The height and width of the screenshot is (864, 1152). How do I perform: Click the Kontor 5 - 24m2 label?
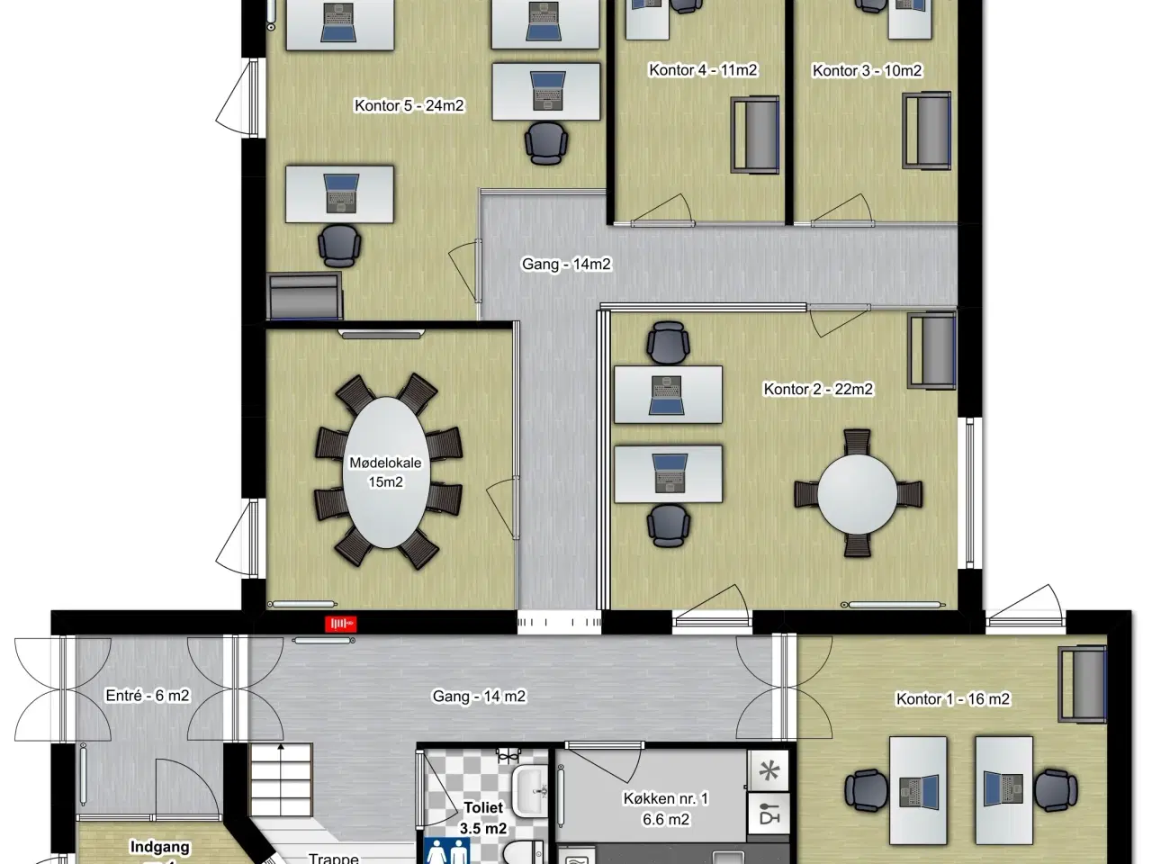pos(409,105)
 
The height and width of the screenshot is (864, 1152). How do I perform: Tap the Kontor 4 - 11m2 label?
pos(703,70)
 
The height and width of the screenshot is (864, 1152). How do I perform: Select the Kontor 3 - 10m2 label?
pos(867,70)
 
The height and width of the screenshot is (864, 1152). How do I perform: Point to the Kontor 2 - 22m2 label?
pos(818,389)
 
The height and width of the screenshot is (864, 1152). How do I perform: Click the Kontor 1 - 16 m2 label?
pos(952,698)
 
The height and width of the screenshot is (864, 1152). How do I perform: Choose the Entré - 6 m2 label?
pos(147,696)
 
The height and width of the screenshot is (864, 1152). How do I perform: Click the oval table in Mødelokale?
pos(386,472)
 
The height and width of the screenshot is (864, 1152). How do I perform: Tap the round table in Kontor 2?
pos(857,493)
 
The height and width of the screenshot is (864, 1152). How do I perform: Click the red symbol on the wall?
pos(340,623)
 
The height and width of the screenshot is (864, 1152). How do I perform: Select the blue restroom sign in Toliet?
pos(446,850)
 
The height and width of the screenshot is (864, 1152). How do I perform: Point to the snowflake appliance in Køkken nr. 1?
pos(769,770)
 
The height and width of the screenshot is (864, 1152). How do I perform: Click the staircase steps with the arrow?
pos(281,780)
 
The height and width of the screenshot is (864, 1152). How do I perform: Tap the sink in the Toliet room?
pos(531,792)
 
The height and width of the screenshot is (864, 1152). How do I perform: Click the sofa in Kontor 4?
pos(755,134)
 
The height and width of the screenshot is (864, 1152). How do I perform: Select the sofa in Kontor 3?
pos(927,130)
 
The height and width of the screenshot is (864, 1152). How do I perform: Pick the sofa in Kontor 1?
pos(1082,684)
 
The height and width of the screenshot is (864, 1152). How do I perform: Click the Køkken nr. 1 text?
pos(665,798)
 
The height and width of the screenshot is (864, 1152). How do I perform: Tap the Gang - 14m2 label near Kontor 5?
pos(566,264)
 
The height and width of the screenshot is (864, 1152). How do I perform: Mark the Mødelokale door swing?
pos(502,508)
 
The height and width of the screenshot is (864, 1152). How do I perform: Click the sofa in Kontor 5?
pos(305,295)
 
